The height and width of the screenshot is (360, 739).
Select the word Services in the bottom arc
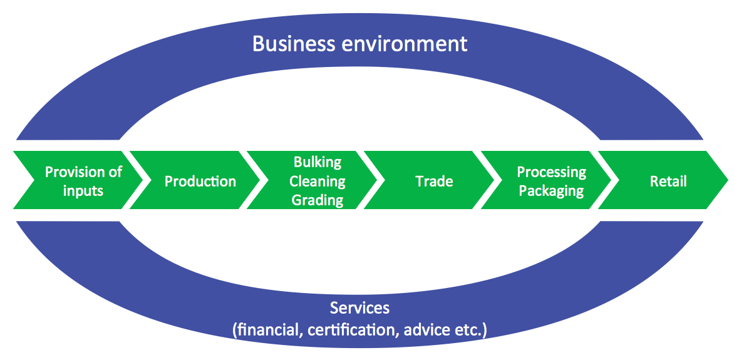click(x=359, y=308)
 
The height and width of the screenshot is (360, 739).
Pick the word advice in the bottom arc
click(x=427, y=329)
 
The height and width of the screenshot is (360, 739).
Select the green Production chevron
click(x=200, y=181)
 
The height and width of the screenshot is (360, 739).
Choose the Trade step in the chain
click(x=434, y=181)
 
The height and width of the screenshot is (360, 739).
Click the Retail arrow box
click(x=668, y=181)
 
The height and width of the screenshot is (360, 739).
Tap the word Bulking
click(x=318, y=162)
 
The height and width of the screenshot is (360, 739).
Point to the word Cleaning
click(x=318, y=181)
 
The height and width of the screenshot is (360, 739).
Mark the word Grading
click(x=318, y=200)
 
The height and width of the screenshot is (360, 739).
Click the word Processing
click(x=551, y=172)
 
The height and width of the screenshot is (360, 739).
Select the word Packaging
click(x=551, y=190)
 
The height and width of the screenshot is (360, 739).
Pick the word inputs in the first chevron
click(x=83, y=190)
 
